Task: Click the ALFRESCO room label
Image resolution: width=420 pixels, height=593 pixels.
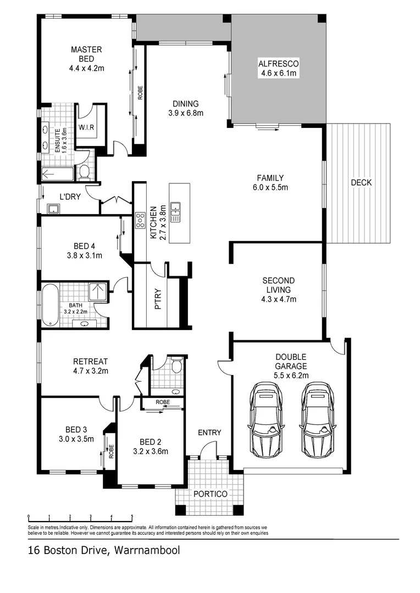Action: tap(278, 64)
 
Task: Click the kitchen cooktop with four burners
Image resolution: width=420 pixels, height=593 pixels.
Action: tap(140, 220)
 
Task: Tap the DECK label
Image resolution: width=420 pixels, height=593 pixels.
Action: tap(361, 183)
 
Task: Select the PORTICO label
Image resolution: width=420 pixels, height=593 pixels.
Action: tap(210, 494)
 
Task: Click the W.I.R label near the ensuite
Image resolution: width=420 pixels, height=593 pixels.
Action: tap(86, 128)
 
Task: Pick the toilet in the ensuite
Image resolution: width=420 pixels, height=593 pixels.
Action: tap(85, 172)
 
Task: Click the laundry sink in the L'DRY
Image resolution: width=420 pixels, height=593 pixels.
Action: tap(53, 209)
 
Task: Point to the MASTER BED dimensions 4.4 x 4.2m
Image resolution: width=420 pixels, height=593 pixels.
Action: tap(86, 69)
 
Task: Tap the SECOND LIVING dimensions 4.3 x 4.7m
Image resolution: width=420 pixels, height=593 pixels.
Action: tap(278, 299)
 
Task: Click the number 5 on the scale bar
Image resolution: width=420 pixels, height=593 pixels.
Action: tap(132, 517)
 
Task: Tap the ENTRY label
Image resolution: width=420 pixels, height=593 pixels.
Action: tap(209, 433)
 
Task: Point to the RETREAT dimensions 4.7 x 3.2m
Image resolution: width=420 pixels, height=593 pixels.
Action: tap(91, 371)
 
